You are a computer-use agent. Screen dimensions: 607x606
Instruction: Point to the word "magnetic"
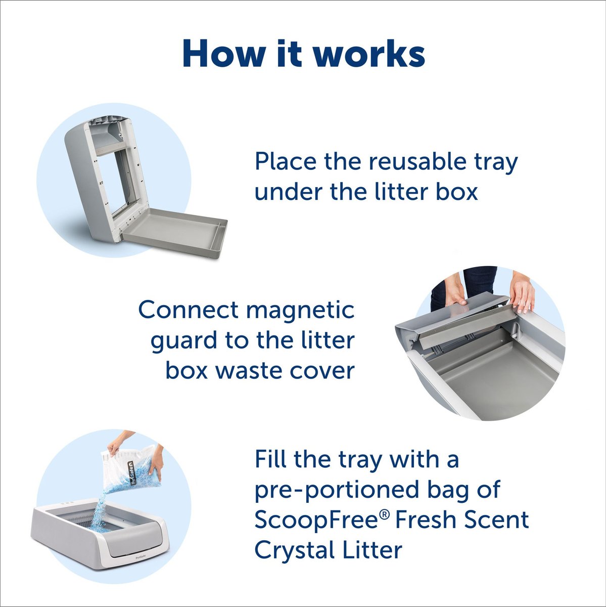coord(302,311)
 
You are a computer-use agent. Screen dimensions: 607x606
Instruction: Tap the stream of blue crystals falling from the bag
coord(104,501)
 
